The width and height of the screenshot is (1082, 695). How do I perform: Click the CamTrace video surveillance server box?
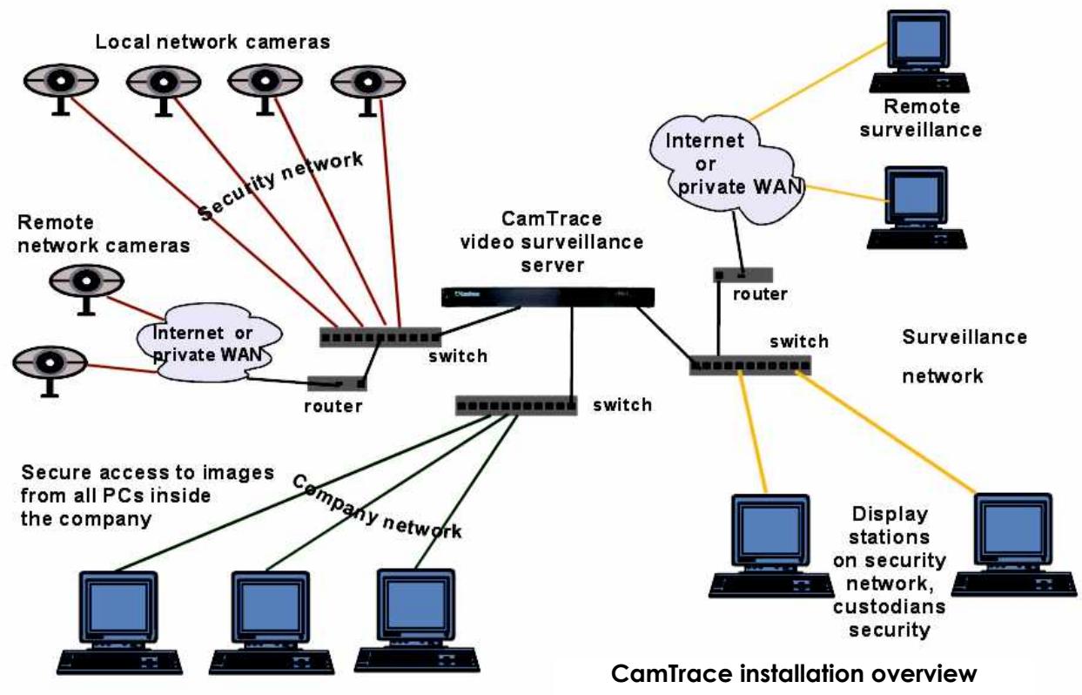click(x=548, y=297)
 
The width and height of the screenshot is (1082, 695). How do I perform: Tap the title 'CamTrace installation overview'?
click(x=794, y=673)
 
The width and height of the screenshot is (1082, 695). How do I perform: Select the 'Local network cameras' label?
click(x=212, y=42)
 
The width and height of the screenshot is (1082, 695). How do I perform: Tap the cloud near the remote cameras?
click(x=209, y=342)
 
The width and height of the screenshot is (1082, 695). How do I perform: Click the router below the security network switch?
click(x=337, y=383)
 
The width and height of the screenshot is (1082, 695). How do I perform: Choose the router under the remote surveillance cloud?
click(x=743, y=275)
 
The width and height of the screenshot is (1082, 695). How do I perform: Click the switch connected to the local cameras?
click(x=380, y=337)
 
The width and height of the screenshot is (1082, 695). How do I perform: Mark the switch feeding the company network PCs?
click(x=516, y=406)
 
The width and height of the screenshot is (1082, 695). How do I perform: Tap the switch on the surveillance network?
click(x=750, y=366)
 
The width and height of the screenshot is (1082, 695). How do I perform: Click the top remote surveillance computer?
click(x=918, y=51)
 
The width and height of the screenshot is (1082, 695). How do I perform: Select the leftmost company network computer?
click(x=119, y=623)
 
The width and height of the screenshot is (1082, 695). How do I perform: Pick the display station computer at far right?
click(x=1013, y=544)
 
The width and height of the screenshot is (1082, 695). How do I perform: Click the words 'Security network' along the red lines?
click(x=280, y=186)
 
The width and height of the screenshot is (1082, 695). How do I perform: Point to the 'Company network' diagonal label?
click(x=377, y=507)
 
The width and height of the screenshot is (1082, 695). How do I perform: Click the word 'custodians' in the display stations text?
click(x=889, y=606)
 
